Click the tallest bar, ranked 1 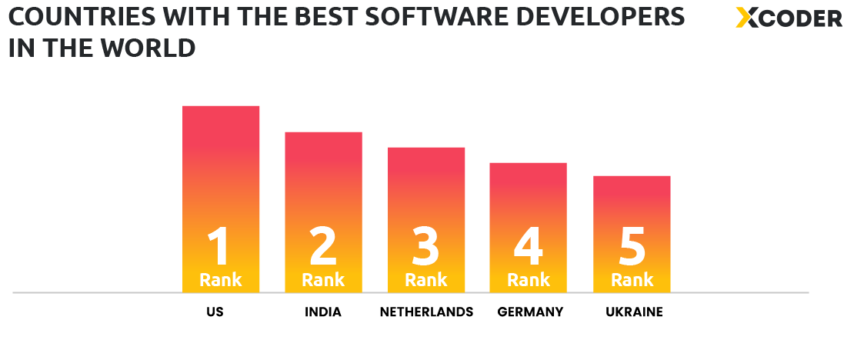click(x=221, y=169)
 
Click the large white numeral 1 click(x=219, y=246)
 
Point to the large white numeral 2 click(x=323, y=246)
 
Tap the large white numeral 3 click(x=425, y=246)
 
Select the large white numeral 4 click(x=529, y=246)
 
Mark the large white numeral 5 click(x=632, y=246)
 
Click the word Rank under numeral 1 click(x=221, y=280)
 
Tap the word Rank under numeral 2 click(x=323, y=280)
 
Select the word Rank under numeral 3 click(x=426, y=280)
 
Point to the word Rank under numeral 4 click(x=529, y=280)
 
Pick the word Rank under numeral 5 click(x=632, y=280)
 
